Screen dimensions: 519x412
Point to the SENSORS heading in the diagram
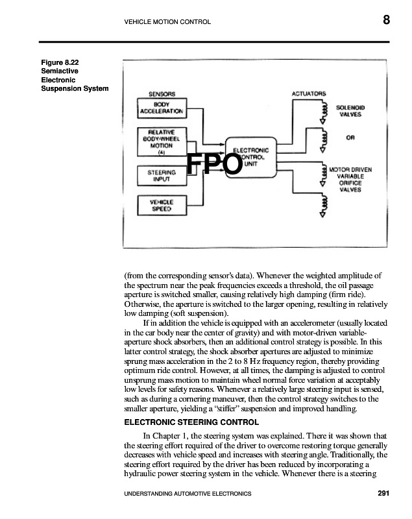162,94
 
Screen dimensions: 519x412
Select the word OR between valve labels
350,138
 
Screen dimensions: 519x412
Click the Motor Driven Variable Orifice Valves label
350,180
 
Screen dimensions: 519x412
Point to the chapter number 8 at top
386,20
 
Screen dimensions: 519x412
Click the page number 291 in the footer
383,494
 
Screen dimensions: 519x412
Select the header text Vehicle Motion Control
167,23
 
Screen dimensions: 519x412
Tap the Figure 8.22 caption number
60,63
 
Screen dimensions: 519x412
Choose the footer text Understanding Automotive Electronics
182,494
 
